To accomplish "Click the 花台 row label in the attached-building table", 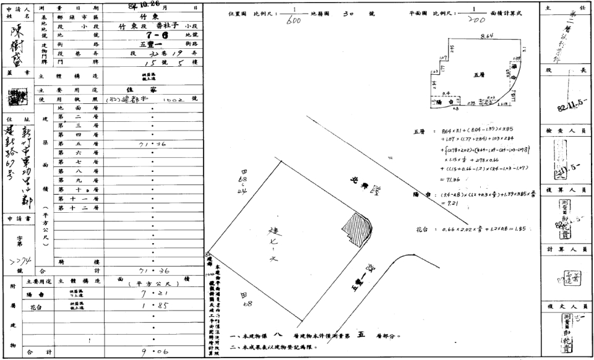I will point(39,306).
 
